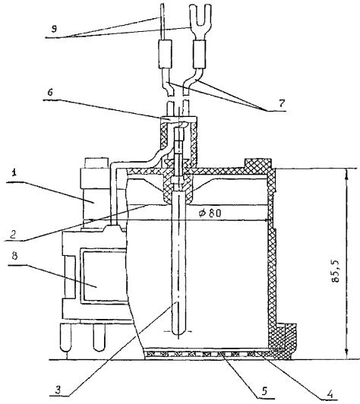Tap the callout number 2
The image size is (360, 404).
click(x=14, y=233)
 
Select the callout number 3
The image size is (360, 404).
click(x=58, y=390)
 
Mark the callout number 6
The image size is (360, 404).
click(x=50, y=92)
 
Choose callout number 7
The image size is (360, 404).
click(x=282, y=103)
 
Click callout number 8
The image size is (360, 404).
click(x=14, y=256)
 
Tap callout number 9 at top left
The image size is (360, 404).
click(x=54, y=29)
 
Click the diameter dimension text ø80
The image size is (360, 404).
click(x=210, y=213)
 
